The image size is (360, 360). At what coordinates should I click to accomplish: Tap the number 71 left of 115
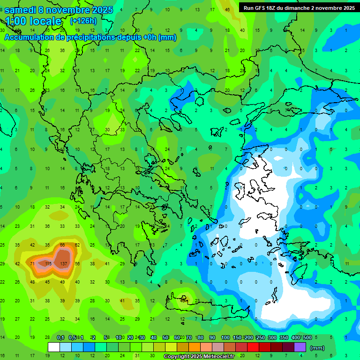(32, 264)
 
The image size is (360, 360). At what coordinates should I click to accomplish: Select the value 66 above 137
(62, 245)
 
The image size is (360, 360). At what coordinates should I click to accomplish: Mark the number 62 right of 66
(77, 245)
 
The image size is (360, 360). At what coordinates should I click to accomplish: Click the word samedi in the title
(20, 9)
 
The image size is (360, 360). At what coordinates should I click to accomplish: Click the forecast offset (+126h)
(83, 21)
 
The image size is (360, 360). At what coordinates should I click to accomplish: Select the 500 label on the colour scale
(307, 338)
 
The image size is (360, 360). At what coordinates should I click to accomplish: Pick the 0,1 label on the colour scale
(60, 338)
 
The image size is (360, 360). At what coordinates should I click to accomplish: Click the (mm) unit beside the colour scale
(318, 348)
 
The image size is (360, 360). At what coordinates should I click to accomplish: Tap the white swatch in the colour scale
(54, 347)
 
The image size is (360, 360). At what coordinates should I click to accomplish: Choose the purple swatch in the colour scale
(300, 347)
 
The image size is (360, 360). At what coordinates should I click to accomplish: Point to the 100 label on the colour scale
(225, 338)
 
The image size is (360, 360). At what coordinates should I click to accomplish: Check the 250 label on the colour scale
(260, 338)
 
